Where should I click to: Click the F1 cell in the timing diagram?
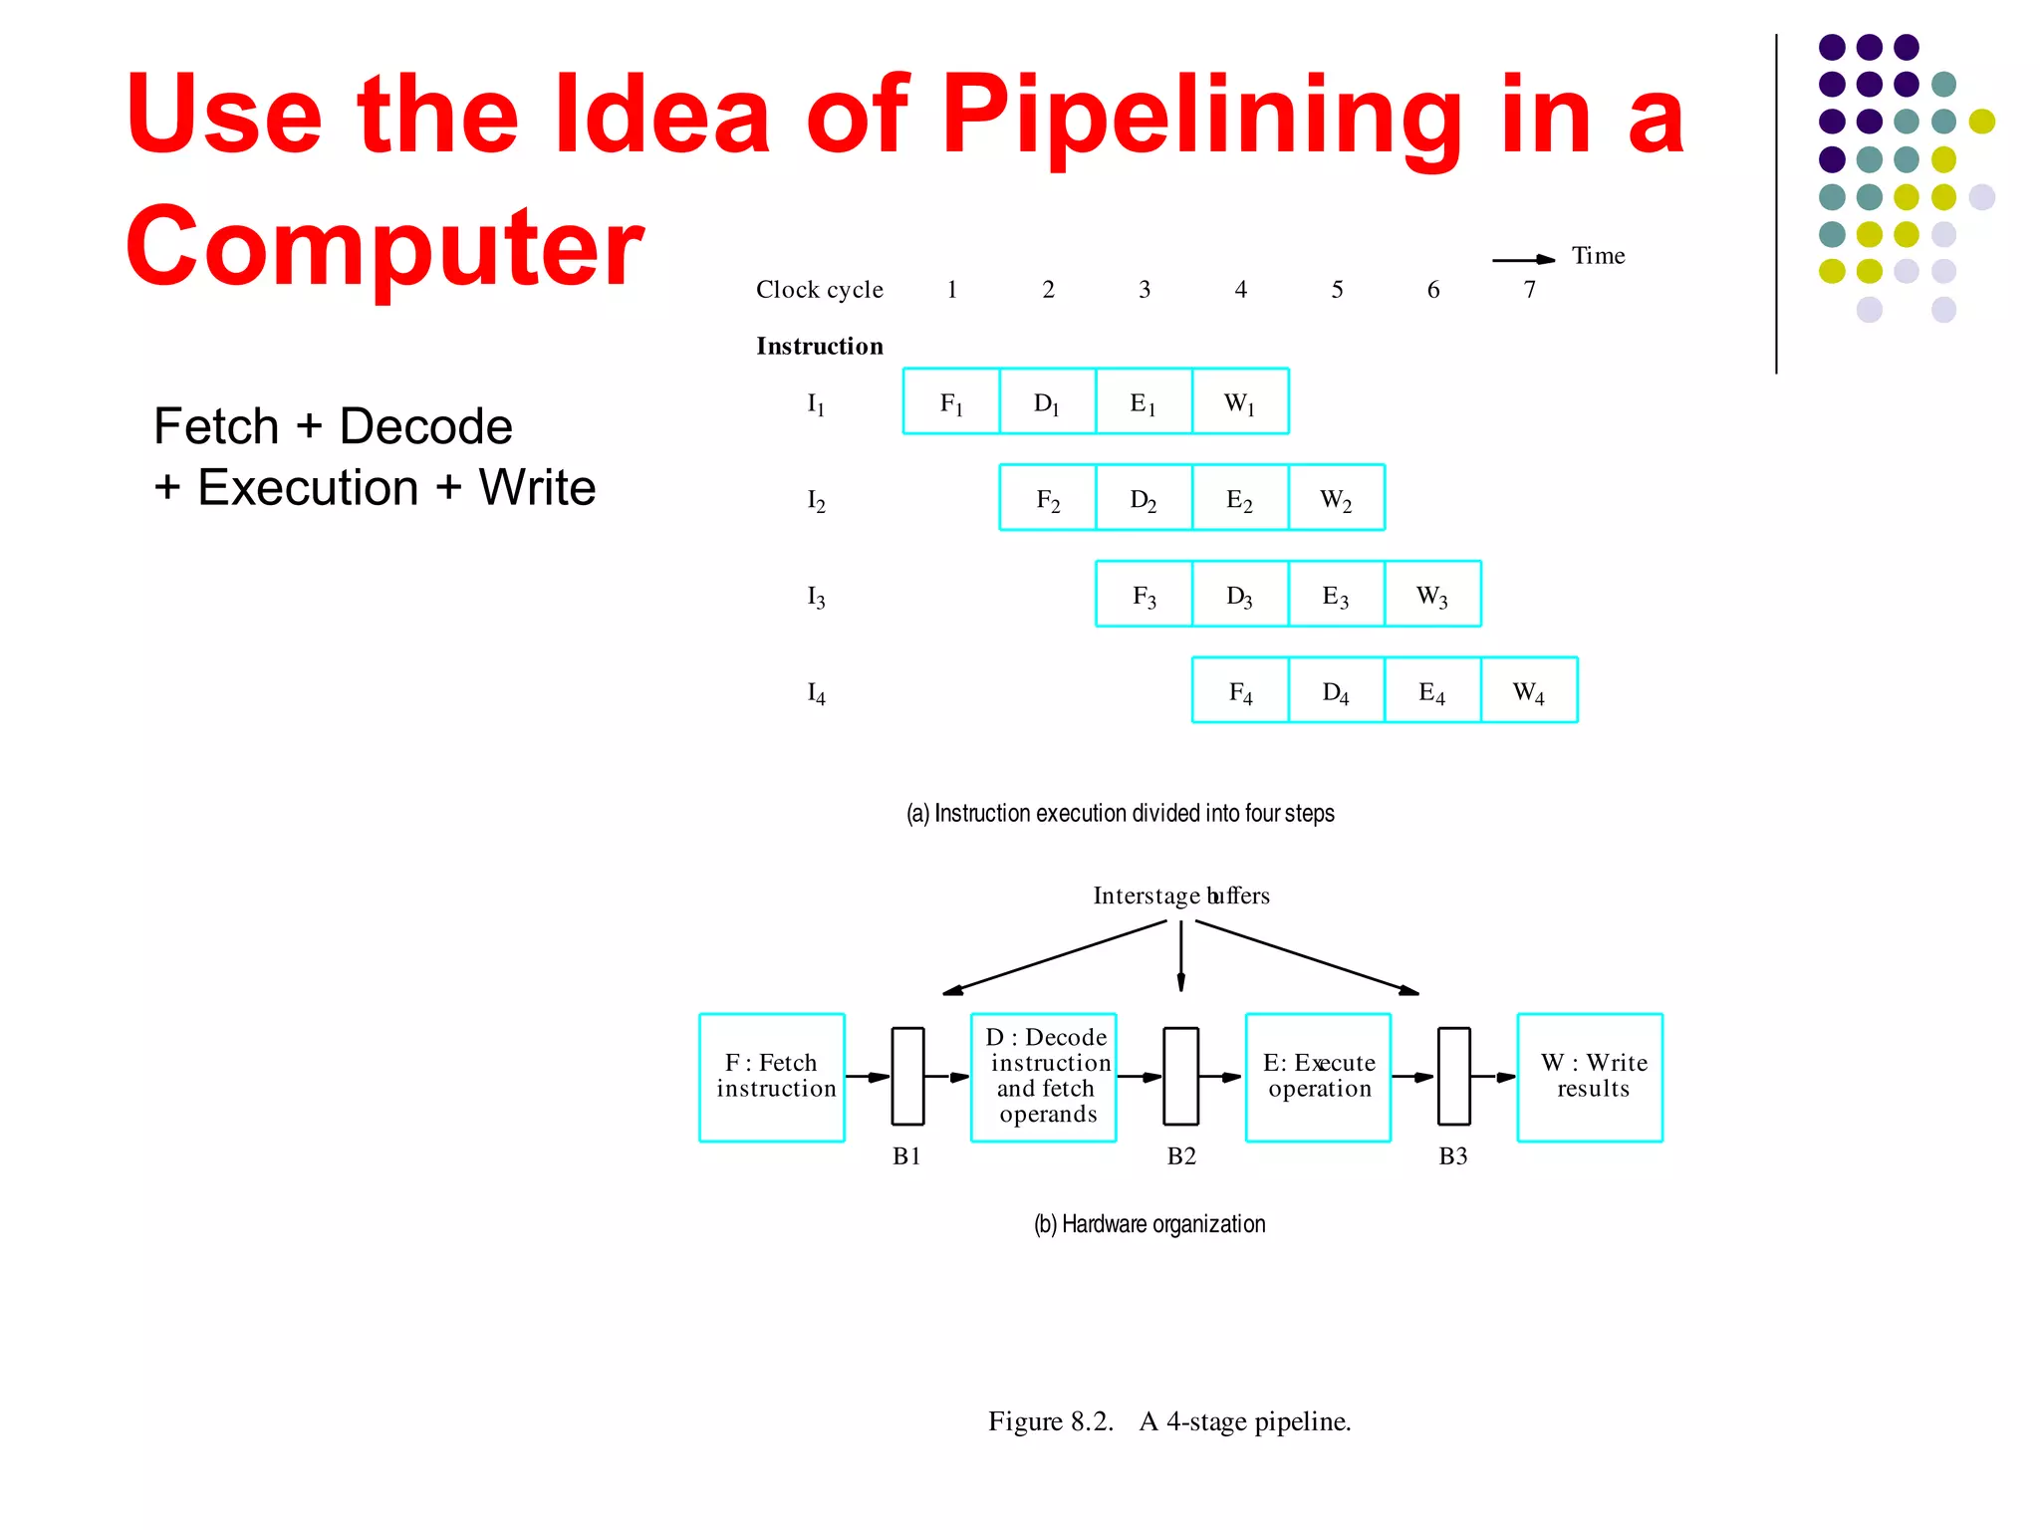click(951, 402)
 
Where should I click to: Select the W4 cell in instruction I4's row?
click(1529, 690)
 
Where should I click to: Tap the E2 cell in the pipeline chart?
click(1240, 498)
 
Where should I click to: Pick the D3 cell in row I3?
click(1240, 595)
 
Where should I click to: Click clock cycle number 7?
click(1530, 290)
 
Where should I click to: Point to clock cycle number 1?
click(952, 290)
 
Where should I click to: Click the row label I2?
click(816, 500)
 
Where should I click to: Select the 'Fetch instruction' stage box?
click(772, 1077)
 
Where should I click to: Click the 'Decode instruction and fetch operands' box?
click(1044, 1077)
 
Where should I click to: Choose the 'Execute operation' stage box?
click(1318, 1077)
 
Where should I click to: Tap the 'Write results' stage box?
click(1590, 1077)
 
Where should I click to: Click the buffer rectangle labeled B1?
click(907, 1076)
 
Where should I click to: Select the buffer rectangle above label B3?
click(1454, 1076)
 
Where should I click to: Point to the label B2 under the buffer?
click(1181, 1156)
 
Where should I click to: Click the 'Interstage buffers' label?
click(1181, 895)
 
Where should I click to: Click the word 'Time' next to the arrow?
click(1598, 256)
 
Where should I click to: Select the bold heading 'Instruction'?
click(820, 346)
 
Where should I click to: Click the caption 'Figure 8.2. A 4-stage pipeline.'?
click(1169, 1421)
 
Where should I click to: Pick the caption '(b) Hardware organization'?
click(1149, 1224)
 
